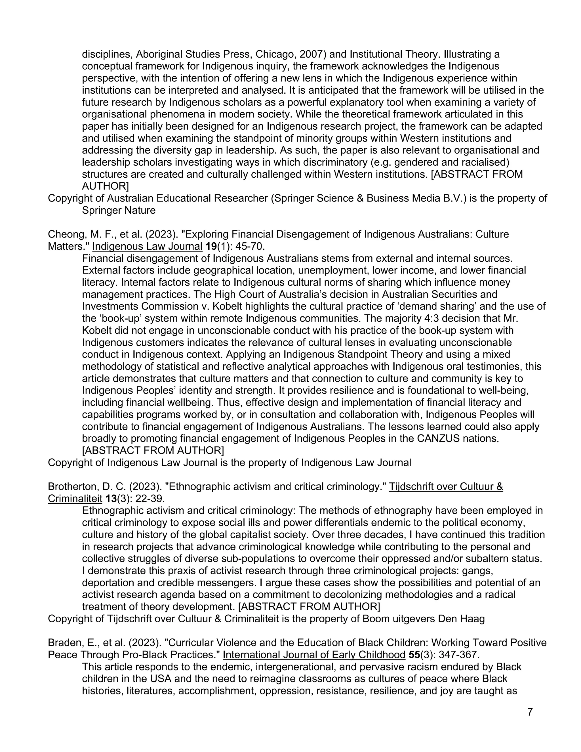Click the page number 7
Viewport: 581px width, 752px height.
530,712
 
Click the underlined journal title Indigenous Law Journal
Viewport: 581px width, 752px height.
147,246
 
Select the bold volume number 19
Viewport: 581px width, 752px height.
211,246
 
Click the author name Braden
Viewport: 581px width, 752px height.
61,642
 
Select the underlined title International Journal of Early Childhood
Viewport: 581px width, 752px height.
314,655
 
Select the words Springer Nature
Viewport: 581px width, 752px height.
119,210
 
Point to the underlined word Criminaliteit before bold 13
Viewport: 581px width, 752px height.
75,499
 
